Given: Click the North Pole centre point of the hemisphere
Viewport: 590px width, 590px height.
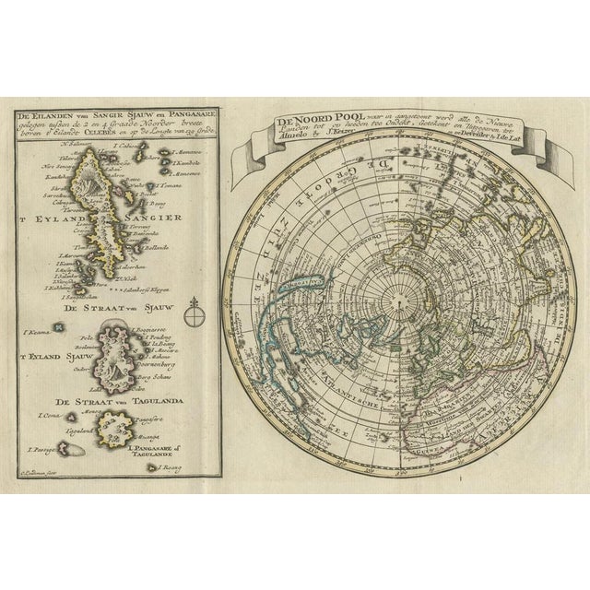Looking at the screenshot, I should (401, 299).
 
